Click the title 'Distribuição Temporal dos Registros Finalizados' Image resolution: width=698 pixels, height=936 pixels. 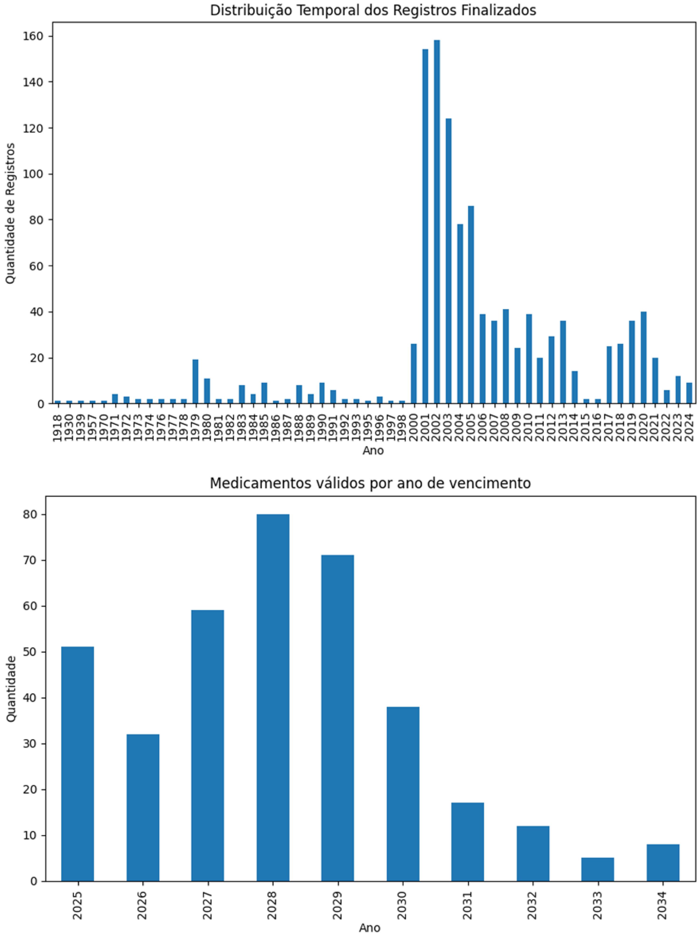[373, 10]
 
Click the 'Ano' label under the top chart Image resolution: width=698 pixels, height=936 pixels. [373, 451]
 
